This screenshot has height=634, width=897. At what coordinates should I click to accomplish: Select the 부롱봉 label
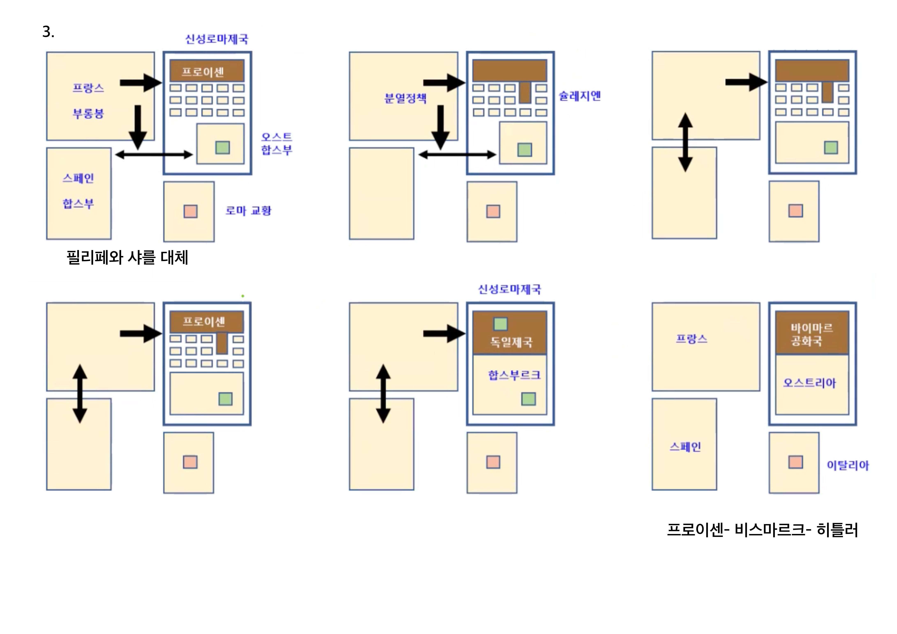pyautogui.click(x=88, y=114)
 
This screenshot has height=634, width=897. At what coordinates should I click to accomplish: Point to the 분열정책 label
pyautogui.click(x=405, y=98)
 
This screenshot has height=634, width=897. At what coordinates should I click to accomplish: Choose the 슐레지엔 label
pyautogui.click(x=579, y=96)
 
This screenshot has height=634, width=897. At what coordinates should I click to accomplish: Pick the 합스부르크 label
pyautogui.click(x=514, y=375)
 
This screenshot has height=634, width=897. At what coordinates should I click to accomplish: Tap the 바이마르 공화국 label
pyautogui.click(x=811, y=335)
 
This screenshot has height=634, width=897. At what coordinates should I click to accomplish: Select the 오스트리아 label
pyautogui.click(x=809, y=383)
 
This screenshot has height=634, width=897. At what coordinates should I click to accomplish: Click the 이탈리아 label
pyautogui.click(x=847, y=465)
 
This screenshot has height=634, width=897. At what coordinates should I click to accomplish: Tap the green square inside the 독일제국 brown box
pyautogui.click(x=501, y=324)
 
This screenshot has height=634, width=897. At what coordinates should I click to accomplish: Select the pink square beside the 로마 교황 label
pyautogui.click(x=191, y=212)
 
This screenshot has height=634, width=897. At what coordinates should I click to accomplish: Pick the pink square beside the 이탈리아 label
pyautogui.click(x=795, y=462)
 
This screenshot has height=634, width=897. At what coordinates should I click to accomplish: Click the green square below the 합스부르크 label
pyautogui.click(x=528, y=399)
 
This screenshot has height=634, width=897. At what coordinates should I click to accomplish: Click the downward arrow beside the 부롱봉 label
pyautogui.click(x=138, y=127)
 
